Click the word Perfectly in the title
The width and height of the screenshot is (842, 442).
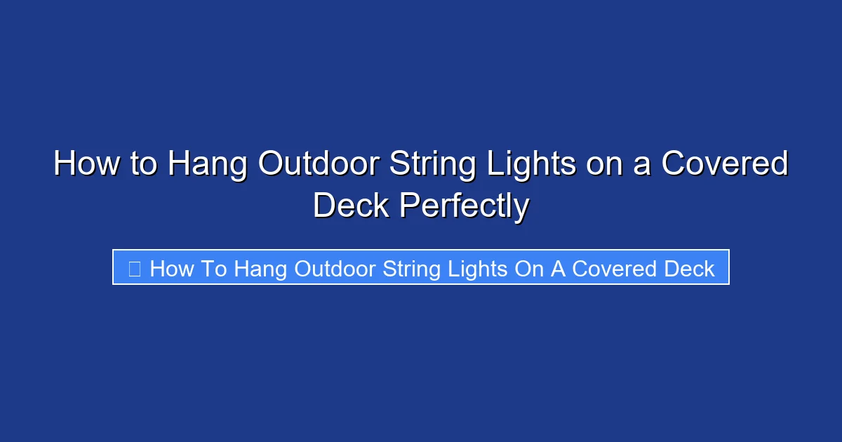(464, 206)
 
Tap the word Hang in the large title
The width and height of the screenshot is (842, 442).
(208, 165)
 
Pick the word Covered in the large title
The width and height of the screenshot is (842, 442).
(726, 165)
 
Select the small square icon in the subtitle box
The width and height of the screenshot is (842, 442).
(135, 268)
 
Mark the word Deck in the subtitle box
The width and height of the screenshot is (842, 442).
(690, 269)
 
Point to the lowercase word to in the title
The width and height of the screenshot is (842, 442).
(144, 165)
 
